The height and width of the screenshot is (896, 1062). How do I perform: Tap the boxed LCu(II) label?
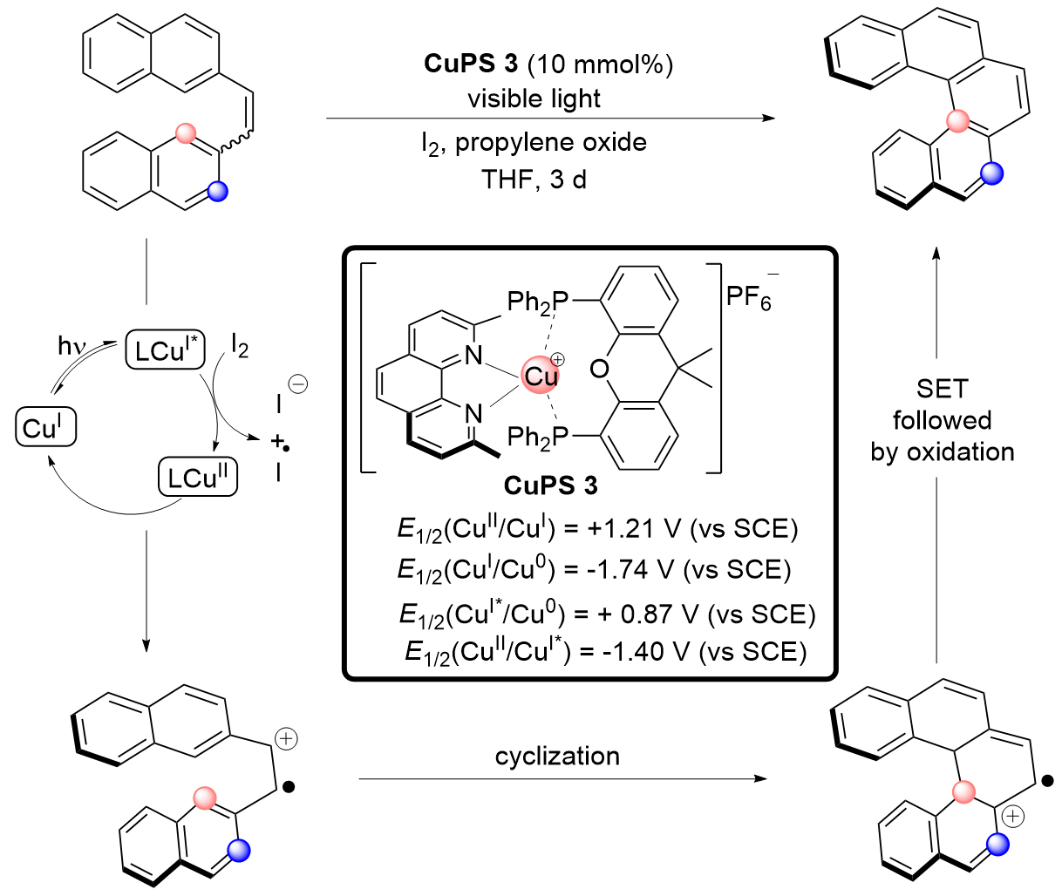tap(197, 477)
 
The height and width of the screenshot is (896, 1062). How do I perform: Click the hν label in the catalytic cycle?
tap(72, 346)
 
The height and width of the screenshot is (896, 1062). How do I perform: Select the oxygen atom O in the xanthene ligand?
tap(599, 370)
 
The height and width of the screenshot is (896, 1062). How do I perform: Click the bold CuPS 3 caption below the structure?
tap(550, 485)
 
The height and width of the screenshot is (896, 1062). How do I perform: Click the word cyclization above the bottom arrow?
tap(557, 756)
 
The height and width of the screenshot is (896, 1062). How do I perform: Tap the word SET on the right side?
tap(942, 389)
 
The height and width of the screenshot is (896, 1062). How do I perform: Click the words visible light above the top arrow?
tap(534, 98)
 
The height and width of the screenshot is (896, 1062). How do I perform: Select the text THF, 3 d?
tap(534, 180)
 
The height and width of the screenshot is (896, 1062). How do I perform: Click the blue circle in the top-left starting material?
tap(219, 191)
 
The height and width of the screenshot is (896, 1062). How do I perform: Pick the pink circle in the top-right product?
tap(957, 121)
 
